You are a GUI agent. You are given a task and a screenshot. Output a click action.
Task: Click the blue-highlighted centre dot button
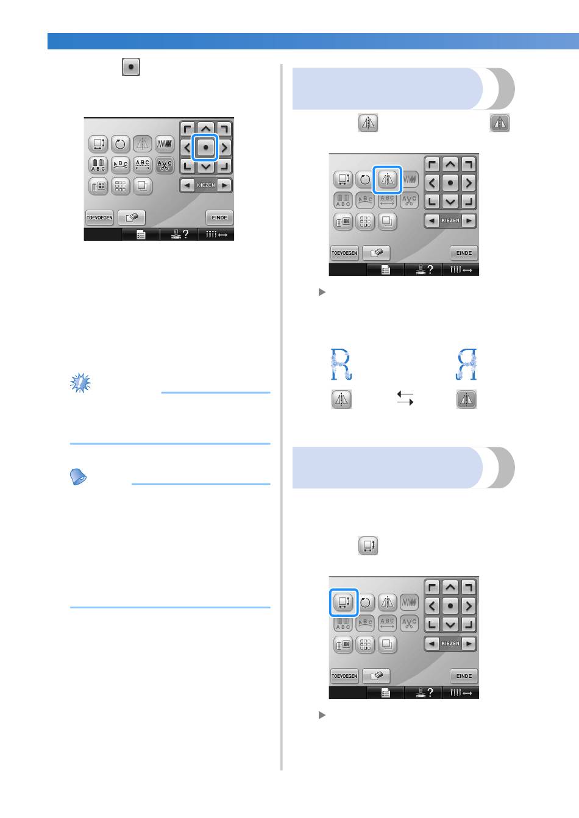[206, 148]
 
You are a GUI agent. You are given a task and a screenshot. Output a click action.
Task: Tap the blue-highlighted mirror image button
[387, 180]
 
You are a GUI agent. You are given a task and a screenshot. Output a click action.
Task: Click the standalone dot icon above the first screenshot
[131, 67]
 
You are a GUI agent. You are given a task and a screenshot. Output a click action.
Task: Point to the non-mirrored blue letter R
[341, 364]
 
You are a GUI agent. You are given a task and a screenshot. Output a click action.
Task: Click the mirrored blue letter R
[466, 364]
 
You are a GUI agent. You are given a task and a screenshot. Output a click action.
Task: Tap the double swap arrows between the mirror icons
[405, 398]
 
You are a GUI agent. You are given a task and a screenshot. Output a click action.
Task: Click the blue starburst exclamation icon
[80, 383]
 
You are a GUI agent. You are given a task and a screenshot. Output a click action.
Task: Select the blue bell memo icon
[78, 477]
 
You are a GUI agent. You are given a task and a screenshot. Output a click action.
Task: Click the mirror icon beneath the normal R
[341, 399]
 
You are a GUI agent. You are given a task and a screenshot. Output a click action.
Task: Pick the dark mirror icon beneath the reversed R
[466, 399]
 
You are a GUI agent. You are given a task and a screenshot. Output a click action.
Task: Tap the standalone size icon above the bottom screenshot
[368, 545]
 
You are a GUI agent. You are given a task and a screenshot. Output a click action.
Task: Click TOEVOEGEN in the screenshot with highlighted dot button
[99, 218]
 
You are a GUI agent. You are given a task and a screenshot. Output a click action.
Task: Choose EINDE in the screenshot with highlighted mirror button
[464, 253]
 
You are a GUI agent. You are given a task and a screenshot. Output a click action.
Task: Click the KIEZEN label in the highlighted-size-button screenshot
[450, 643]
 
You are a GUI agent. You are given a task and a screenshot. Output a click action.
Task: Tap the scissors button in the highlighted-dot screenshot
[165, 165]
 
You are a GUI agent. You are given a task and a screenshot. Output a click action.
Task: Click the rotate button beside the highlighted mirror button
[364, 179]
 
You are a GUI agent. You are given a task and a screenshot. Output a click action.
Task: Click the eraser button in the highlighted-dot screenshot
[132, 218]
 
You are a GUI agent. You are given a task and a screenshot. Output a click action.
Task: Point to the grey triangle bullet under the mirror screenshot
[322, 292]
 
